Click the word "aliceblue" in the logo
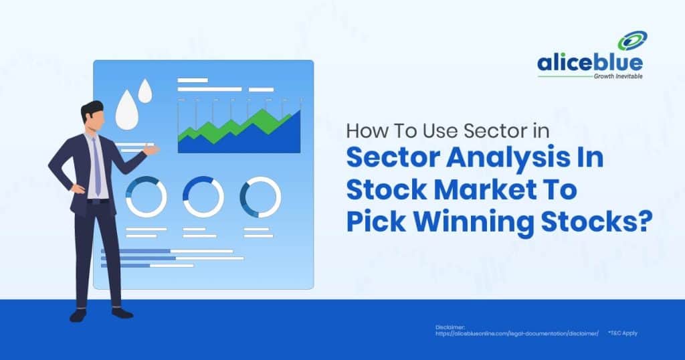pyautogui.click(x=589, y=64)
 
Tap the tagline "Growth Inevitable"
pyautogui.click(x=617, y=77)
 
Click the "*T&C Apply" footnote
pyautogui.click(x=623, y=333)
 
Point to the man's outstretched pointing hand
pyautogui.click(x=152, y=151)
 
